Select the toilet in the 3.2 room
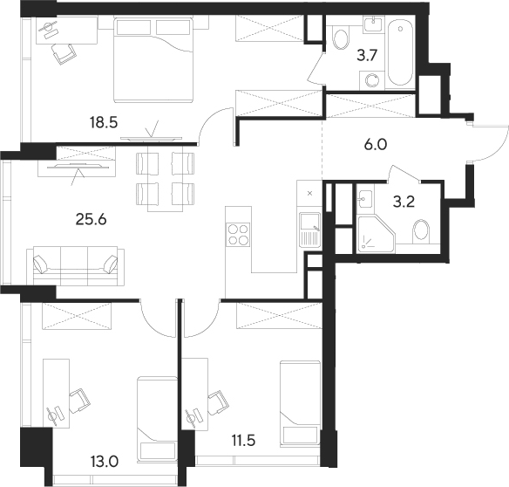[x=421, y=233]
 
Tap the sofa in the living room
[x=76, y=264]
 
